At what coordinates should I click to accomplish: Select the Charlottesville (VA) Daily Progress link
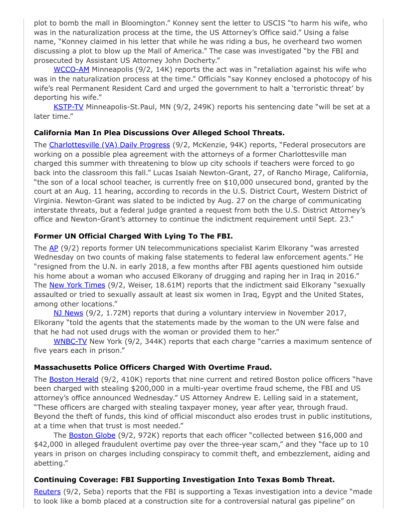tap(109, 145)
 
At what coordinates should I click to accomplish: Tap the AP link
tap(54, 248)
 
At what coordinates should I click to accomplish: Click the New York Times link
tap(77, 285)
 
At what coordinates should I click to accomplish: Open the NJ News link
tap(68, 313)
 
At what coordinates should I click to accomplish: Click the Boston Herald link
tap(74, 379)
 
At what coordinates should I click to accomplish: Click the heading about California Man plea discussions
tap(159, 132)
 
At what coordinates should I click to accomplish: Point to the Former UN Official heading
tap(133, 236)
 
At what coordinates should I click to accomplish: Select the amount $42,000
tap(49, 445)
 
